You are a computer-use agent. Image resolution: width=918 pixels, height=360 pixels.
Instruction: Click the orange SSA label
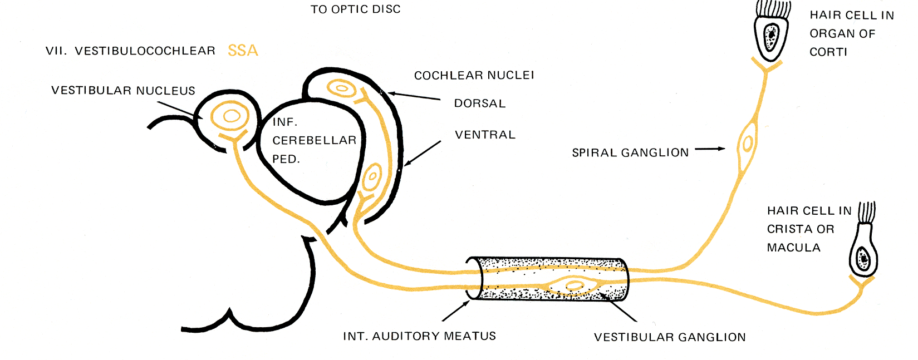pos(243,51)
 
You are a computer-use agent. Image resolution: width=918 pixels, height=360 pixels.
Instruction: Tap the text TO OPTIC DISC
pos(355,9)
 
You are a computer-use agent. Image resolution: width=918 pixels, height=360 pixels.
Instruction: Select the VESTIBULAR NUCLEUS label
pos(123,91)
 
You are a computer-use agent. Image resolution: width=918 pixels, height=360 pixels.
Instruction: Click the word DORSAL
pos(480,103)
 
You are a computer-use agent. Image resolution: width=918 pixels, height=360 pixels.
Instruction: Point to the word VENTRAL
pos(485,135)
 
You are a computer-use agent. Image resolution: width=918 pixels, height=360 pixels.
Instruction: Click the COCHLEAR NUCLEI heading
pos(474,75)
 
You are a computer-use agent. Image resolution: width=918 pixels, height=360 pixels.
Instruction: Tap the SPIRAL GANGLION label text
pos(630,152)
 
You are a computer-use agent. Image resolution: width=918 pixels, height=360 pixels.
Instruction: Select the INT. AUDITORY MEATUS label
pos(419,336)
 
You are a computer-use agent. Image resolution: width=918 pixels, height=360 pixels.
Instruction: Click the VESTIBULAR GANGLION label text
pos(670,337)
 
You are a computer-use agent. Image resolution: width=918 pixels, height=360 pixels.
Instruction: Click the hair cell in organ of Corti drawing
pos(771,33)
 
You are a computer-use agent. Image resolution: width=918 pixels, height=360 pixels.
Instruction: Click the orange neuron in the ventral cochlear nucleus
pos(371,178)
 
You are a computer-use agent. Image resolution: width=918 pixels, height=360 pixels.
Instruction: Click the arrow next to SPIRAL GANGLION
pos(710,149)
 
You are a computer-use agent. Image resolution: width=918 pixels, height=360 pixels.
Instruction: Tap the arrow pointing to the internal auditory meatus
pos(455,311)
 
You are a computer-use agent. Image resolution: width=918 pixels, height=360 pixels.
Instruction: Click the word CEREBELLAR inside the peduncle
pos(314,140)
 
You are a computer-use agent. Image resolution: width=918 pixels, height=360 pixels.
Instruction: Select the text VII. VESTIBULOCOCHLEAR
pos(130,51)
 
